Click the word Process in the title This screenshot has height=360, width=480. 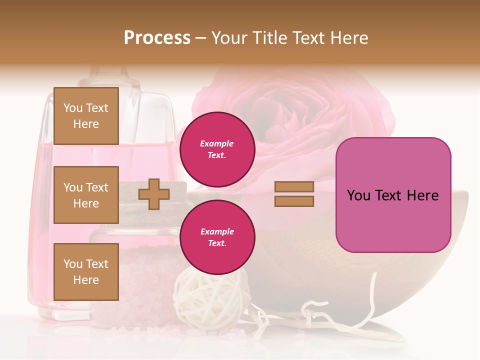tap(157, 38)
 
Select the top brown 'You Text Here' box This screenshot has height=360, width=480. tap(86, 116)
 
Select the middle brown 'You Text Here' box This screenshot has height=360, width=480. tap(86, 195)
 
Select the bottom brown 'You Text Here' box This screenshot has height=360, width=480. tap(86, 271)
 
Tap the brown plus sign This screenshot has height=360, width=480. tap(153, 194)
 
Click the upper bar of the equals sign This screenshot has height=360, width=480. tap(294, 186)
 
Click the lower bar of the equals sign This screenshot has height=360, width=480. tap(294, 201)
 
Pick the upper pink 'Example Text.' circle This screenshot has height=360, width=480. tap(217, 149)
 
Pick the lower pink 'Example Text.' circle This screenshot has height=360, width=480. tap(217, 237)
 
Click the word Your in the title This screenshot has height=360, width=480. tap(230, 38)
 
